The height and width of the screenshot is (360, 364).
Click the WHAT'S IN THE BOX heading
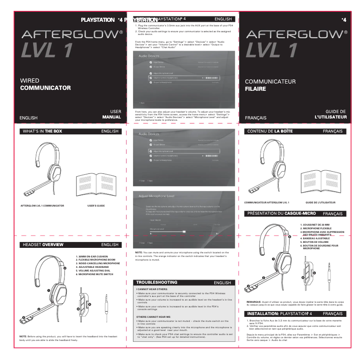[x=42, y=131]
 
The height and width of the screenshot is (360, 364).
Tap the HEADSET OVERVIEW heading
[x=44, y=245]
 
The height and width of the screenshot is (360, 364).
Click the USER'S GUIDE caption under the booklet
[x=96, y=206]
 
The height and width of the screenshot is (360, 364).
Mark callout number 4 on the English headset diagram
[x=65, y=268]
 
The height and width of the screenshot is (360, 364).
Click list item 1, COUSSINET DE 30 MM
[x=317, y=225]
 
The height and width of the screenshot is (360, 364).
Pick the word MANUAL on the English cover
[x=112, y=117]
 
